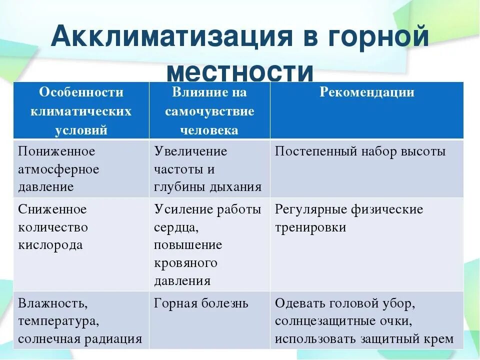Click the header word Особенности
(81, 92)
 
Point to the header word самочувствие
(209, 111)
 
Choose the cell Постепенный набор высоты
(360, 151)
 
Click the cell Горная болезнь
(201, 303)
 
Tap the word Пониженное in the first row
(56, 151)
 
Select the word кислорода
(50, 245)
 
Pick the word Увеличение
(190, 151)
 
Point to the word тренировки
(310, 227)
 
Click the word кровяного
(185, 263)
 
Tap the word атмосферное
(58, 169)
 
